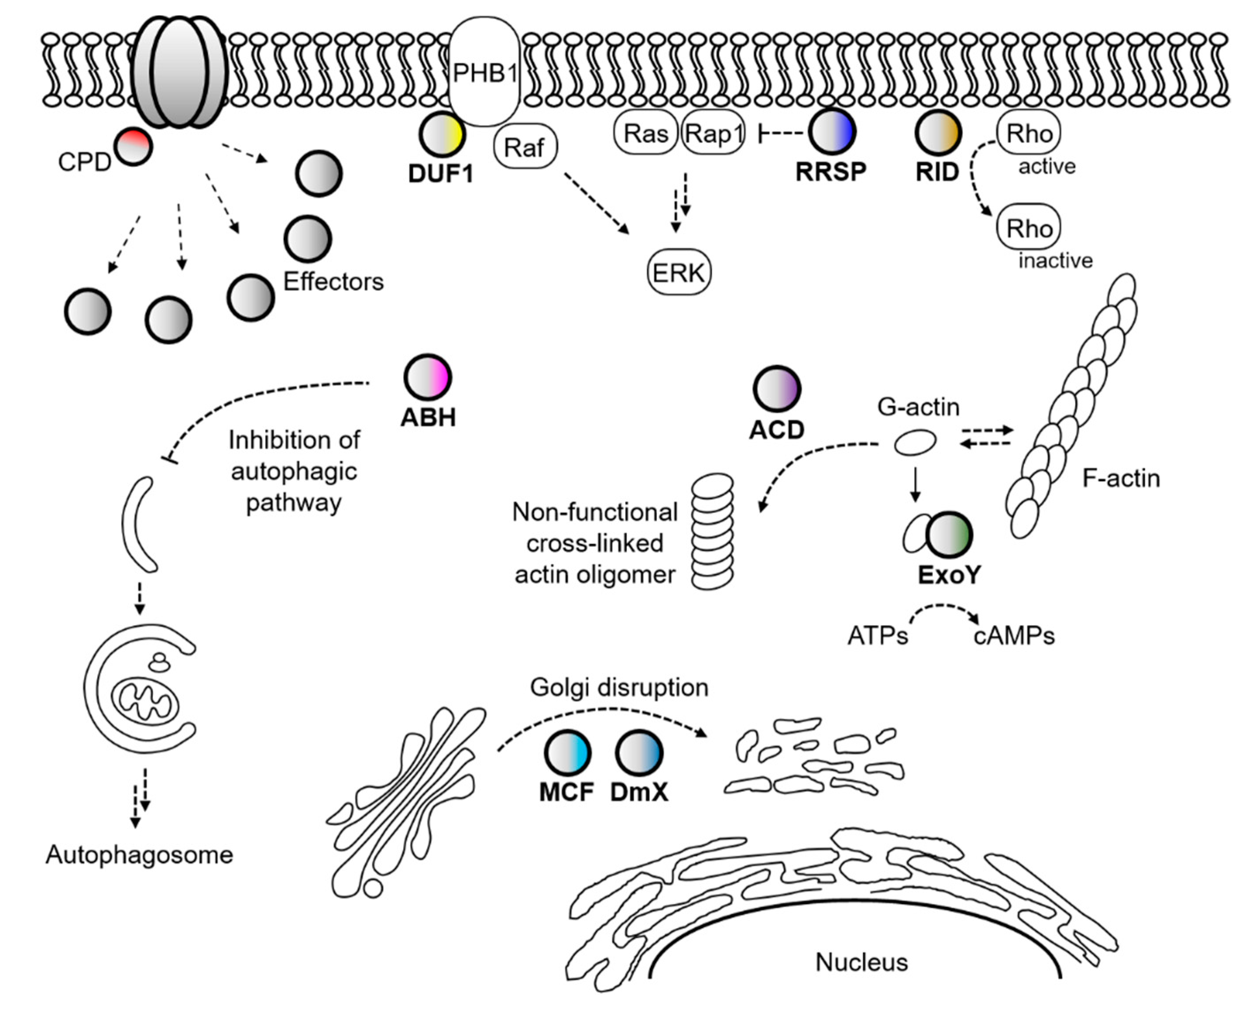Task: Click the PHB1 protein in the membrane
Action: click(x=484, y=72)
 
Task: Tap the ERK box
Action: click(x=679, y=272)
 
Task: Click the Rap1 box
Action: click(x=713, y=134)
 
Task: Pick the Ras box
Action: click(x=645, y=134)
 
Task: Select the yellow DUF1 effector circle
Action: click(x=442, y=134)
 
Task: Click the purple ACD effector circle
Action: click(x=776, y=389)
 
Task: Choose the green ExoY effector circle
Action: click(x=949, y=535)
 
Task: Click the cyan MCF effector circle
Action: click(x=567, y=753)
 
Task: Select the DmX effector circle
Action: click(x=639, y=753)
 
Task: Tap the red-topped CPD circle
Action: click(x=133, y=146)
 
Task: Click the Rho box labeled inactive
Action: click(x=1029, y=228)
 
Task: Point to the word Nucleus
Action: click(x=861, y=962)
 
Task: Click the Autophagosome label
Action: click(x=139, y=855)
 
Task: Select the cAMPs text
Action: click(x=1014, y=635)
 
